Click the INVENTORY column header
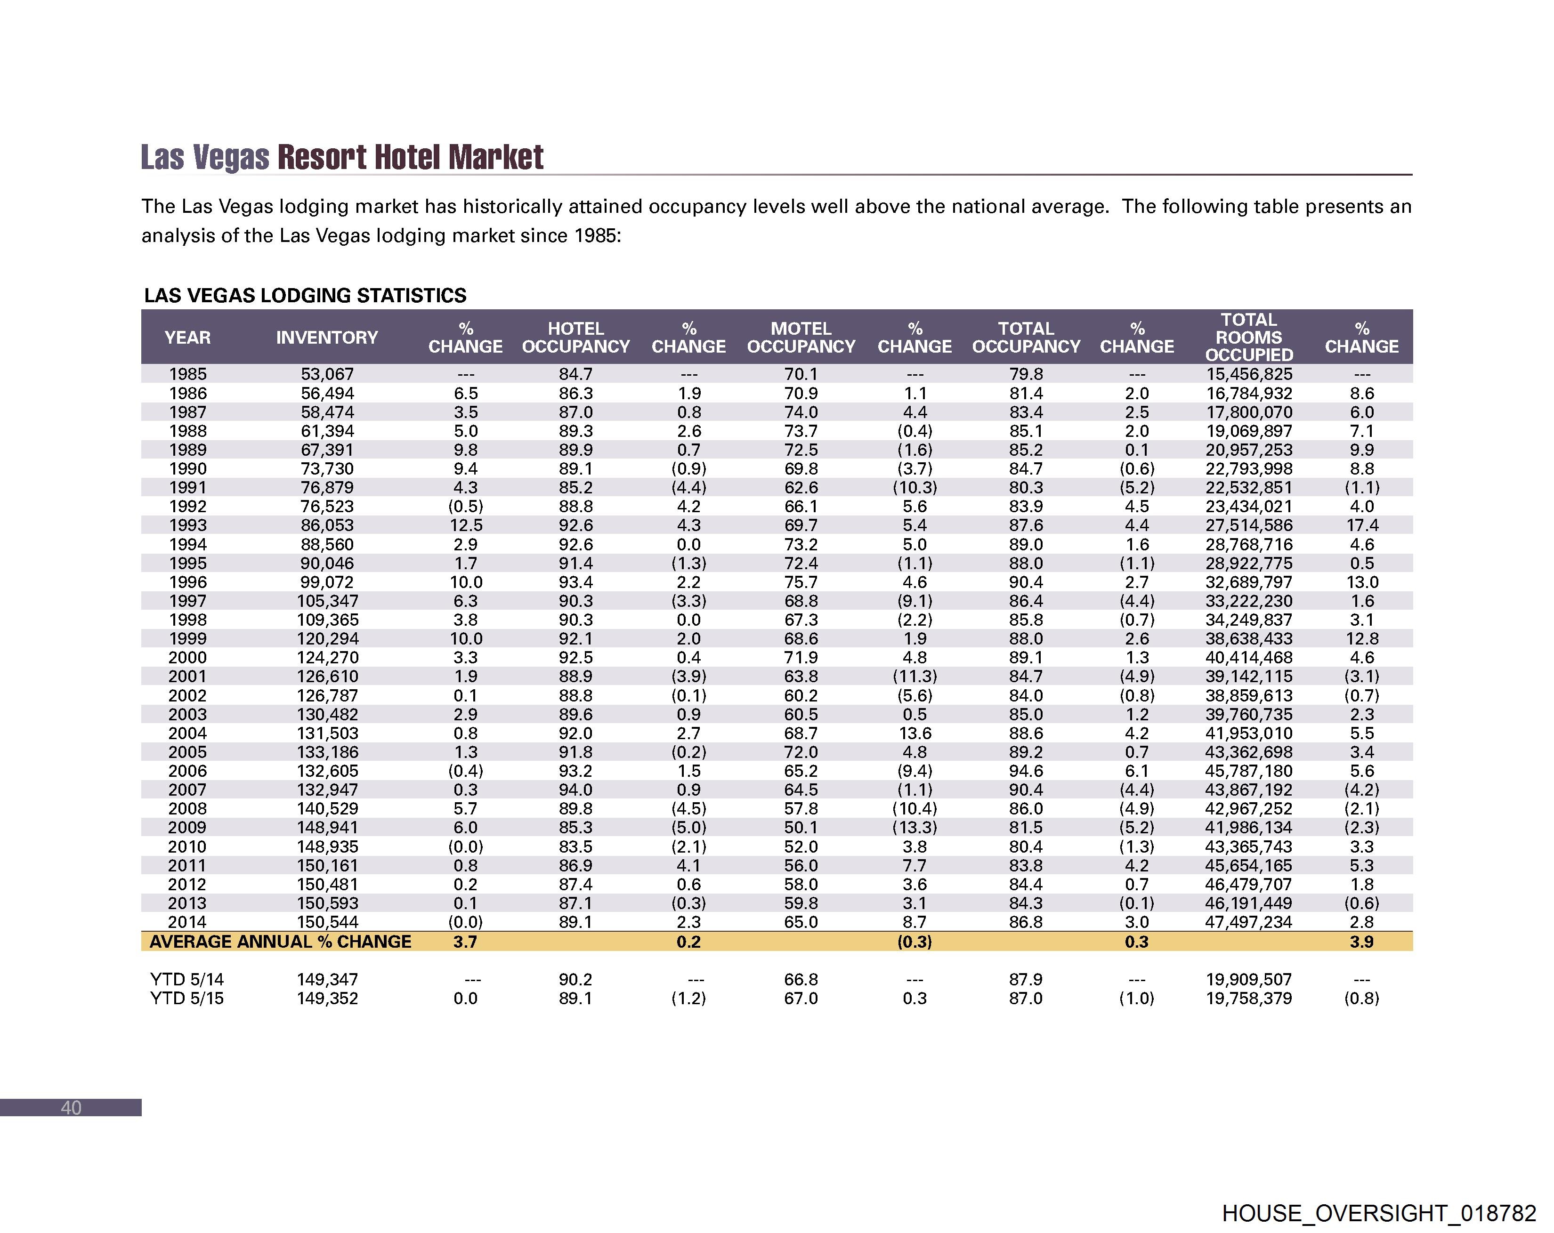click(x=326, y=337)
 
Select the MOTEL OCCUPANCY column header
click(x=801, y=337)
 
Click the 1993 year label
click(x=187, y=525)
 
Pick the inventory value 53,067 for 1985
click(x=327, y=374)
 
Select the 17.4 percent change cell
click(x=1361, y=525)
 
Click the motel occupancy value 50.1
click(x=801, y=827)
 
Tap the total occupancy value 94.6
click(x=1026, y=770)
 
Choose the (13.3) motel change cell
click(x=915, y=827)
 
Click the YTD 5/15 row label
click(x=186, y=998)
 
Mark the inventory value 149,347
click(x=327, y=979)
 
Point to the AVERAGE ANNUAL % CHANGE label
click(x=280, y=941)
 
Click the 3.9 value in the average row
click(x=1361, y=941)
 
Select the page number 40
click(x=71, y=1108)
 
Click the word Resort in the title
click(x=323, y=157)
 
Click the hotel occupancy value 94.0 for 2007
click(x=575, y=790)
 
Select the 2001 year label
click(x=187, y=676)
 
